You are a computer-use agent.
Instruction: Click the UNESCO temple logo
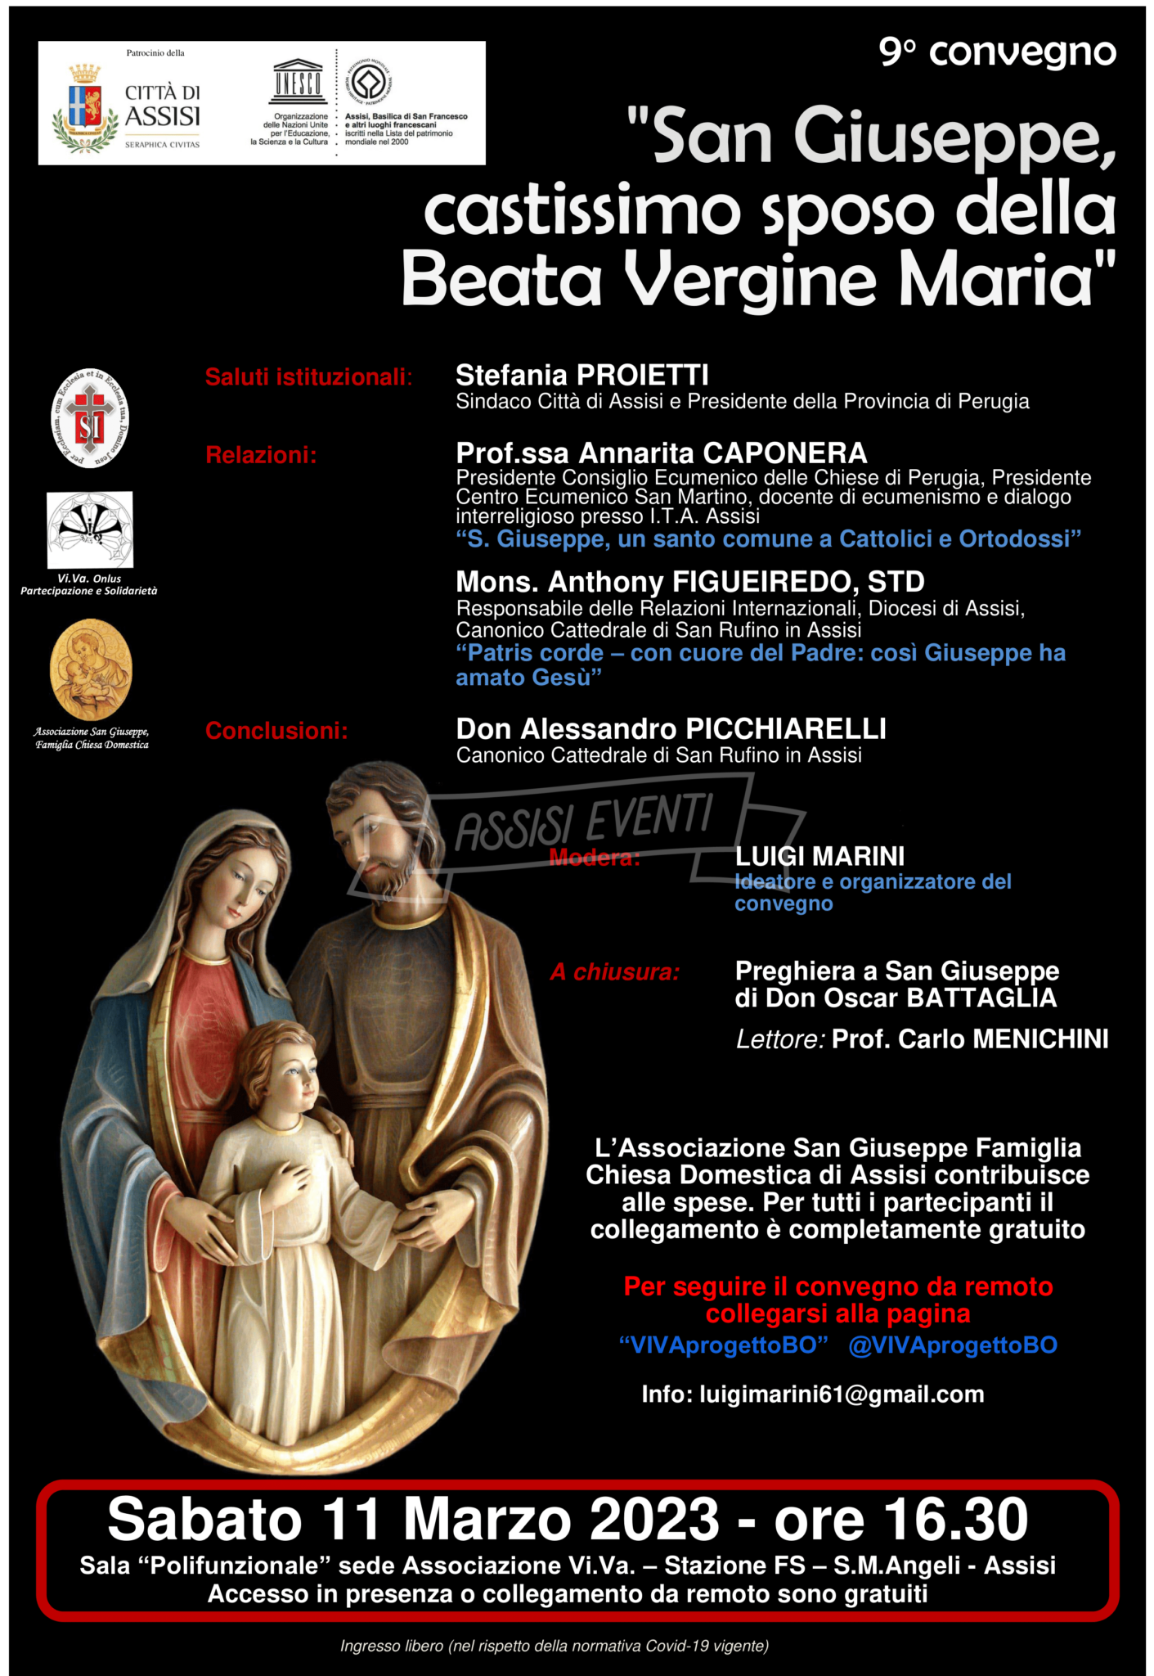(x=298, y=82)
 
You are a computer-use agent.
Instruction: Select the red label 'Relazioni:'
(x=261, y=455)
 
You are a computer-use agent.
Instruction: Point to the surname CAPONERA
(x=785, y=453)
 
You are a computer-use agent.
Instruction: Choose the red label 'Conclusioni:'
(x=276, y=731)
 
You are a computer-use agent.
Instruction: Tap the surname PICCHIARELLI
(x=785, y=728)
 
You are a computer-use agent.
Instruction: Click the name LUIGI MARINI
(x=819, y=856)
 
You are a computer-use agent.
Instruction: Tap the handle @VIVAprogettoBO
(x=953, y=1345)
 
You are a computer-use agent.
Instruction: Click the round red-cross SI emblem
(x=90, y=418)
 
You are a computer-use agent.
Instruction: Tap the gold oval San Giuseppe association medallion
(x=91, y=669)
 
